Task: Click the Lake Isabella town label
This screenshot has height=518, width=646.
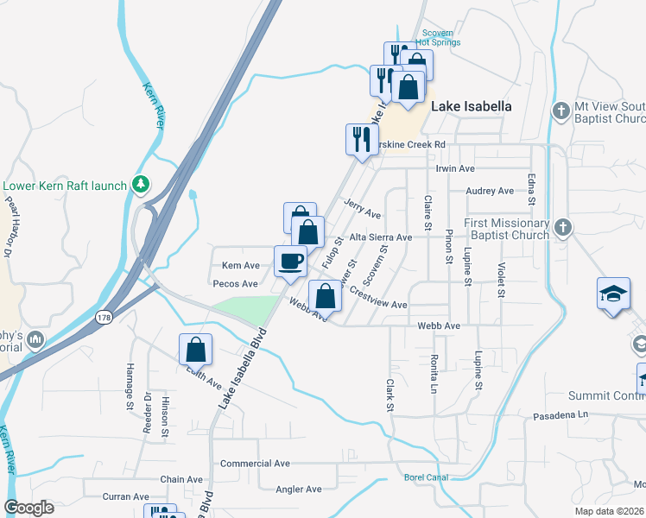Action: [471, 106]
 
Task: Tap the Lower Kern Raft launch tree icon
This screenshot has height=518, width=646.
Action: [139, 185]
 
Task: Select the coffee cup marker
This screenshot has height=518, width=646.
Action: [290, 260]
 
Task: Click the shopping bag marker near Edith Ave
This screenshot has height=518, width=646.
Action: [196, 349]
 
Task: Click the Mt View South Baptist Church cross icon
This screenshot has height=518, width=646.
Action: [561, 111]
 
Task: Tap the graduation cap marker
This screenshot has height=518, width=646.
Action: [612, 294]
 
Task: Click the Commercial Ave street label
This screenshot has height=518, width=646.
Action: [255, 464]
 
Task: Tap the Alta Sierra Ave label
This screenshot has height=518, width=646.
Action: [380, 237]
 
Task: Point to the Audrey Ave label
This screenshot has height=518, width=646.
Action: [489, 191]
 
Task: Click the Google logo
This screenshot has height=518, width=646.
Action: [28, 507]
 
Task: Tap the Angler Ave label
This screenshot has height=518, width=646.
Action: [299, 490]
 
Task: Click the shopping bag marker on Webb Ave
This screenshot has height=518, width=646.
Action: [325, 296]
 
